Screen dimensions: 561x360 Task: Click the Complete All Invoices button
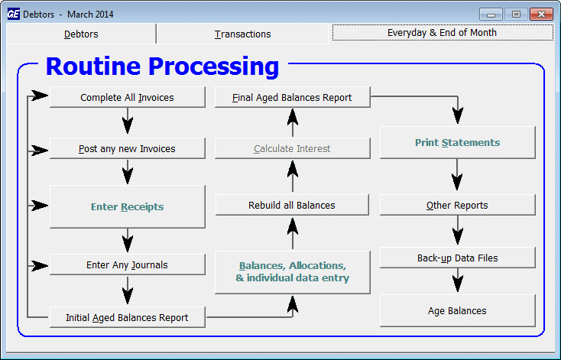click(128, 97)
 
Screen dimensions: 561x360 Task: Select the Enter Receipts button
click(128, 206)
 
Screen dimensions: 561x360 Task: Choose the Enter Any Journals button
click(128, 264)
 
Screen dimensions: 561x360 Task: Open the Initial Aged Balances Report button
click(128, 317)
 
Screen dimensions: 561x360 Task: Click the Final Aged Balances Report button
click(292, 97)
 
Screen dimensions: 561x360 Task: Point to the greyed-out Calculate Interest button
click(292, 148)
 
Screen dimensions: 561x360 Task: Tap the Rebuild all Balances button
click(292, 205)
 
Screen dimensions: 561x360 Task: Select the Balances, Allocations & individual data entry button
click(292, 272)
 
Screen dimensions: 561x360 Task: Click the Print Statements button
click(458, 142)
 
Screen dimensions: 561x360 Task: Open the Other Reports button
click(458, 205)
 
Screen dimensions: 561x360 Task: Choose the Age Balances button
click(458, 310)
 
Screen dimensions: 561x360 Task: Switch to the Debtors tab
click(81, 34)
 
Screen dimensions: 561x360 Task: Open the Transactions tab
click(242, 34)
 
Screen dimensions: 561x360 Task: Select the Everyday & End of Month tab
click(443, 33)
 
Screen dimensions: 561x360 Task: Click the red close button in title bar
click(541, 15)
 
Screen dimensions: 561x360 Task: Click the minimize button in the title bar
click(491, 15)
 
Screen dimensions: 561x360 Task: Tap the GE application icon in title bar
click(14, 14)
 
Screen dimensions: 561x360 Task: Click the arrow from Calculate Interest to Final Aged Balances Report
click(293, 122)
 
